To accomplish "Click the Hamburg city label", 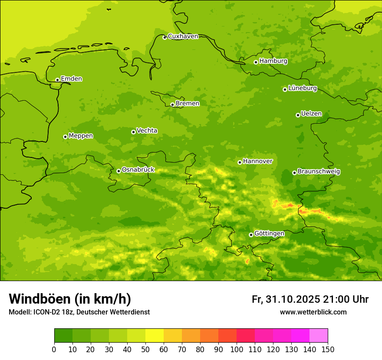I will tap(273, 61).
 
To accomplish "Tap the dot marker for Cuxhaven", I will tap(165, 37).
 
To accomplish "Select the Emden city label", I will tap(71, 79).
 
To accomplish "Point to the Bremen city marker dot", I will tap(172, 105).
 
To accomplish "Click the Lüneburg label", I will tap(302, 88).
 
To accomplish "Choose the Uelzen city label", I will tap(311, 114).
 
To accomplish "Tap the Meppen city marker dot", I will tap(65, 137).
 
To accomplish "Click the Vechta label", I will tap(147, 131).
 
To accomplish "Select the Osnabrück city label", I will tap(138, 170).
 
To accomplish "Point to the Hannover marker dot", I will tap(240, 162).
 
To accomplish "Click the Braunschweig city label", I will tap(319, 172).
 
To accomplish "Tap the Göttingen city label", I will tap(269, 233).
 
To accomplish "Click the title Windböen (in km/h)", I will tap(70, 299).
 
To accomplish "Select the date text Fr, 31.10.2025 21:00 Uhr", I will tap(310, 299).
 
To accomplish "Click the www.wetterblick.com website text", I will tap(313, 312).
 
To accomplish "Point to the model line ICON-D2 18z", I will tap(79, 312).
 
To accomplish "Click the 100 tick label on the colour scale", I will tap(237, 349).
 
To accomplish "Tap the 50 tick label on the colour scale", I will tap(145, 349).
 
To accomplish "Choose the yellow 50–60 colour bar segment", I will tap(155, 336).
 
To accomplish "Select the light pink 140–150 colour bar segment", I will tap(319, 336).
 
